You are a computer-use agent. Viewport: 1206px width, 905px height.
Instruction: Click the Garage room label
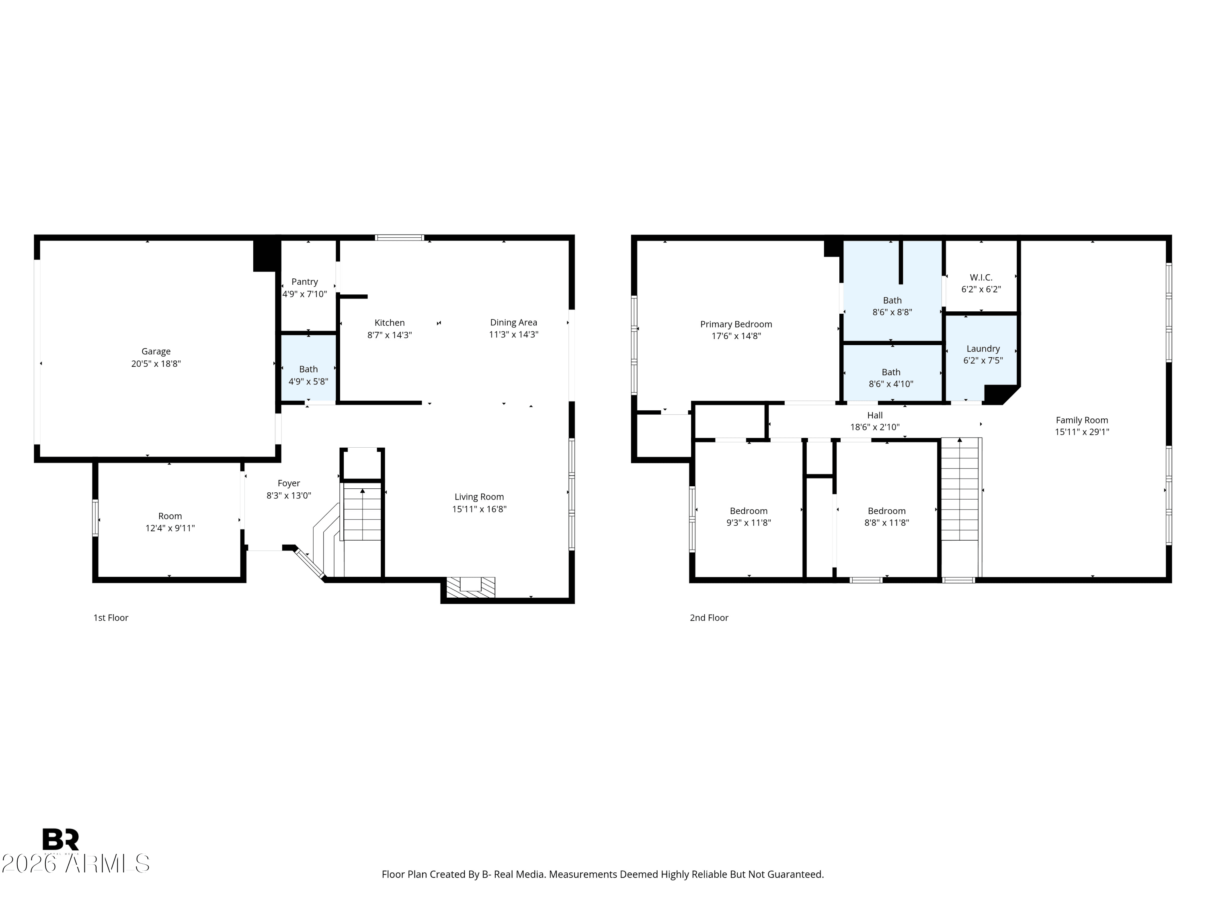tap(156, 351)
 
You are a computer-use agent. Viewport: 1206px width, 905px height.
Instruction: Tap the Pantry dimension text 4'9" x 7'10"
tap(305, 294)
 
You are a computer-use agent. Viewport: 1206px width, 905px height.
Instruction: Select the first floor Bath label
tap(309, 369)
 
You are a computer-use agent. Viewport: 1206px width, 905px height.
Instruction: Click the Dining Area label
tap(514, 323)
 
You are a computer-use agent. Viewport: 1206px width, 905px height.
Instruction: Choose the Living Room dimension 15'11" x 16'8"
tap(479, 509)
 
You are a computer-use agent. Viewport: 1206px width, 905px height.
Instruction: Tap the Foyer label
tap(289, 483)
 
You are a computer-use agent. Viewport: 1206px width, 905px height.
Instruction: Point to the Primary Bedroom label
tap(736, 324)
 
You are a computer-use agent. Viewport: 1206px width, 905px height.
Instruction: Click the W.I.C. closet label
tap(981, 277)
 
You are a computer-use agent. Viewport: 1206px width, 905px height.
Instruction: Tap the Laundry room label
tap(983, 349)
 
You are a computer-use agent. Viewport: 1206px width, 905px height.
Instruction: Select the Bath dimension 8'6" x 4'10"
tap(891, 383)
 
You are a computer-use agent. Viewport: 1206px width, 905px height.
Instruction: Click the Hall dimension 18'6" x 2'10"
tap(875, 427)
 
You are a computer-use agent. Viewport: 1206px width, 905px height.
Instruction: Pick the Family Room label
tap(1082, 420)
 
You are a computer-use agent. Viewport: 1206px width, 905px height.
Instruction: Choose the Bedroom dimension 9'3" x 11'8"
tap(749, 522)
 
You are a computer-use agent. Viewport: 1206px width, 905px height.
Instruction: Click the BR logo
tap(61, 839)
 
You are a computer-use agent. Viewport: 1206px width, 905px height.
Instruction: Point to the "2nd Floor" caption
tap(709, 617)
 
